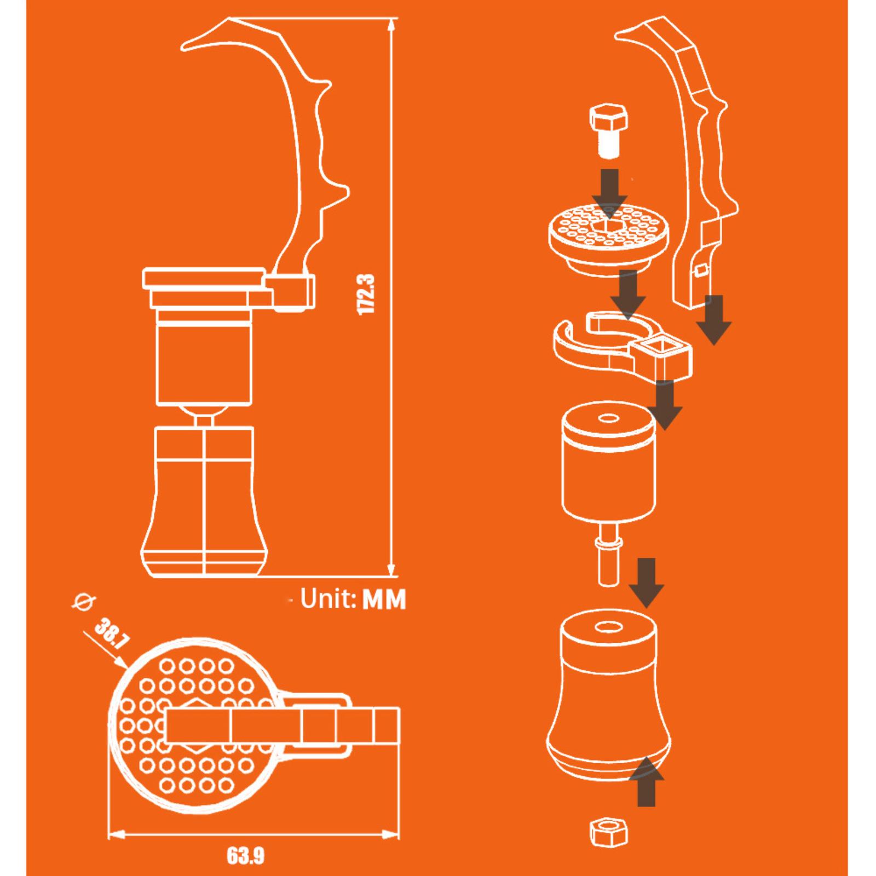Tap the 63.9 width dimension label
coord(246,856)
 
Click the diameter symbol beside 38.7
coord(84,602)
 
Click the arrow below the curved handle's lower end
coord(714,320)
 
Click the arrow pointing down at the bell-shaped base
coord(647,583)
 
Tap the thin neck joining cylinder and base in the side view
coord(204,418)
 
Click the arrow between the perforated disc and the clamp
coord(629,296)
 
